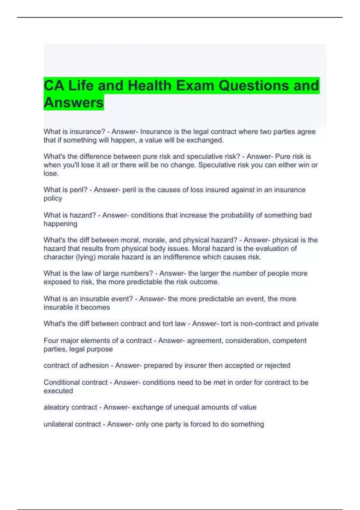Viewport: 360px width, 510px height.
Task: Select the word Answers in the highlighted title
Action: (74, 103)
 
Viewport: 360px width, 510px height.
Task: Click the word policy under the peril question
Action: (53, 198)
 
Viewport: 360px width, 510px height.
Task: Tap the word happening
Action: (60, 224)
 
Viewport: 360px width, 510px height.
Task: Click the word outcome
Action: (206, 282)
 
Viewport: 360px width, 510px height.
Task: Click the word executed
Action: (58, 391)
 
